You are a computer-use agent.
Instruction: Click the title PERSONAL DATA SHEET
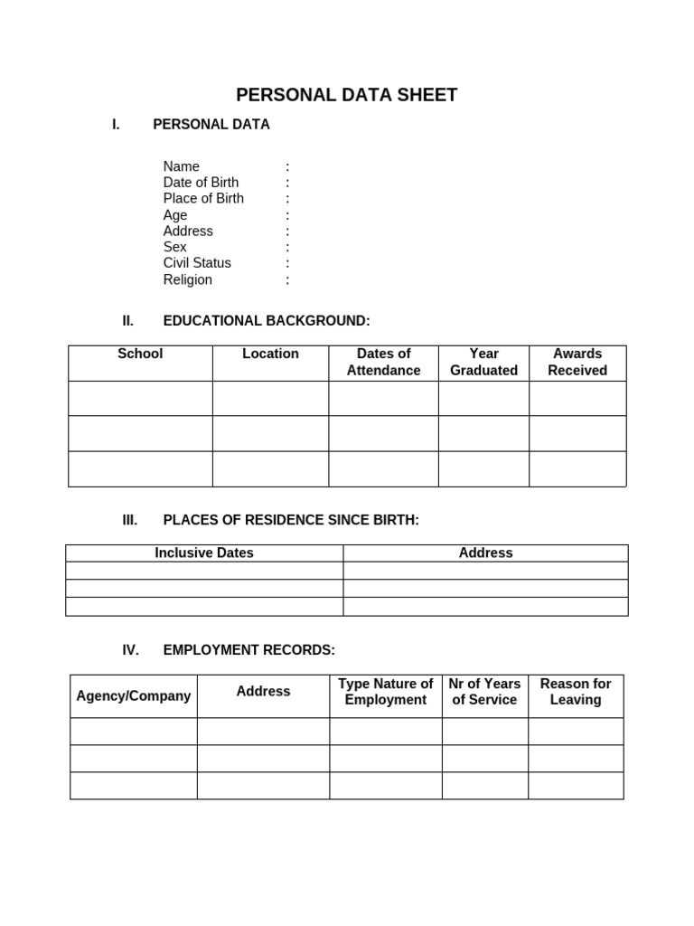point(346,95)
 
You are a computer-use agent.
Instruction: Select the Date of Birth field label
point(201,183)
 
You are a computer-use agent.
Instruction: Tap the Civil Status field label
point(197,263)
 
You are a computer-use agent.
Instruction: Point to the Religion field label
point(187,279)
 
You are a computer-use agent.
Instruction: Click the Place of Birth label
point(203,199)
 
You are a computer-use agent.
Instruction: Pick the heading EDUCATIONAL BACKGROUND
point(266,321)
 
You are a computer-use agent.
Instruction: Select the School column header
point(140,354)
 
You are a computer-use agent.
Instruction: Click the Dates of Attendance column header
point(383,362)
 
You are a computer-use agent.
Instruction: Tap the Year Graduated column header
point(483,362)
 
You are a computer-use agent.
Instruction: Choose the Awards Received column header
point(577,362)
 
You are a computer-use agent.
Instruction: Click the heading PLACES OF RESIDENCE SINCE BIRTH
point(291,520)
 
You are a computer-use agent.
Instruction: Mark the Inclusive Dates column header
point(204,553)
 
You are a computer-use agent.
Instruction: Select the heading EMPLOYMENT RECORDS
point(249,650)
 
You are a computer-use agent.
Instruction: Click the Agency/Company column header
point(134,695)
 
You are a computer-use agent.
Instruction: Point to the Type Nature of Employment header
point(386,692)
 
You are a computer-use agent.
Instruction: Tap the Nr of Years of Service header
point(484,692)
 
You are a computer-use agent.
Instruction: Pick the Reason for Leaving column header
point(576,692)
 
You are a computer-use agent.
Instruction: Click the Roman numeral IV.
point(130,650)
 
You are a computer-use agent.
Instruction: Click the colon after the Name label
point(287,167)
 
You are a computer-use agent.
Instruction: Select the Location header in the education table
point(270,354)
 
